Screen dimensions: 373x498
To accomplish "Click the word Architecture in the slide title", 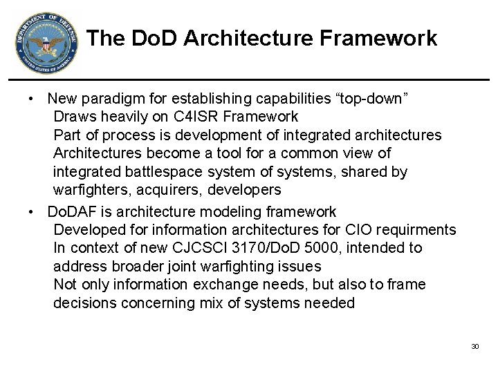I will (259, 38).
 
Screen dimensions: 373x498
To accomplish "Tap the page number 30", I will (474, 345).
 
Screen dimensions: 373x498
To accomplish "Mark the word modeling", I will (229, 211).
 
